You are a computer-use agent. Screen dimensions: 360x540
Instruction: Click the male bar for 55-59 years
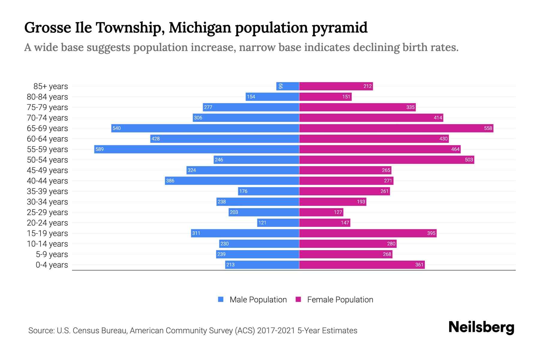coord(196,149)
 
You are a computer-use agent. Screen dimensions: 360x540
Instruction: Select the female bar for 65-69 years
coord(396,128)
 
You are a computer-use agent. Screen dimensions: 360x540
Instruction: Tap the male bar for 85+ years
coord(288,86)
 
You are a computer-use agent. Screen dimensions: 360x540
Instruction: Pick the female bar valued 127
coord(321,212)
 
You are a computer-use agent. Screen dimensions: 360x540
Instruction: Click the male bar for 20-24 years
coord(278,223)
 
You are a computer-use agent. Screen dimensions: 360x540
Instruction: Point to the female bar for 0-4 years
coord(362,265)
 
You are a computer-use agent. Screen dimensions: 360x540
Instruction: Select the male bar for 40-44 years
coord(232,181)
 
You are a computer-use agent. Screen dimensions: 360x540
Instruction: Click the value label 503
coord(469,160)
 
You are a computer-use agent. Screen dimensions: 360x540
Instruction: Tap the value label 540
coord(116,128)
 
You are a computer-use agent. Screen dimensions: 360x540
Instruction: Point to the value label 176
coord(243,191)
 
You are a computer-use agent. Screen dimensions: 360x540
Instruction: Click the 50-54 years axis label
coord(47,160)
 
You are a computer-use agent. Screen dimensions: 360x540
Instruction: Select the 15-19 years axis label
coord(47,233)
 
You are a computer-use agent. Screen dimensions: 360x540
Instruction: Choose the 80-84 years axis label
coord(47,97)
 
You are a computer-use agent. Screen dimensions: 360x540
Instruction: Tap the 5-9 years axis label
coord(52,254)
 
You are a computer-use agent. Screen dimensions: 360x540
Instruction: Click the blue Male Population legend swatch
coord(221,299)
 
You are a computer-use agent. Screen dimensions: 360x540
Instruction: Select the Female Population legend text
coord(340,299)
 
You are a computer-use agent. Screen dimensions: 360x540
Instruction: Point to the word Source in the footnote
coord(41,331)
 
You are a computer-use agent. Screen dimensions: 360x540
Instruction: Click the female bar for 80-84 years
coord(325,97)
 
